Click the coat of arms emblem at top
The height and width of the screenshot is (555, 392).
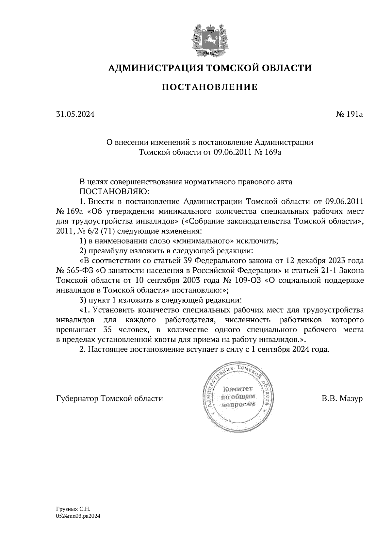pos(209,38)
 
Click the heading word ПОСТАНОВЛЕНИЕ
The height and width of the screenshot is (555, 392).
pos(210,87)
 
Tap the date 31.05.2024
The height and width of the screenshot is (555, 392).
pos(75,114)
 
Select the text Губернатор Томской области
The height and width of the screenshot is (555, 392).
pos(109,399)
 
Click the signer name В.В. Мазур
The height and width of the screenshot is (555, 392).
pos(342,399)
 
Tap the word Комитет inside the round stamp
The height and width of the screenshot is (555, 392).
pos(237,389)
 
